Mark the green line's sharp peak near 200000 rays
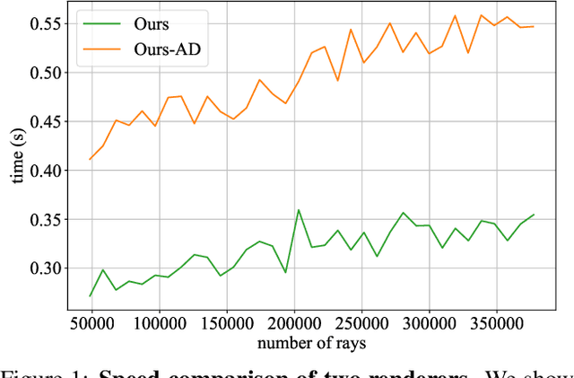[298, 210]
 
